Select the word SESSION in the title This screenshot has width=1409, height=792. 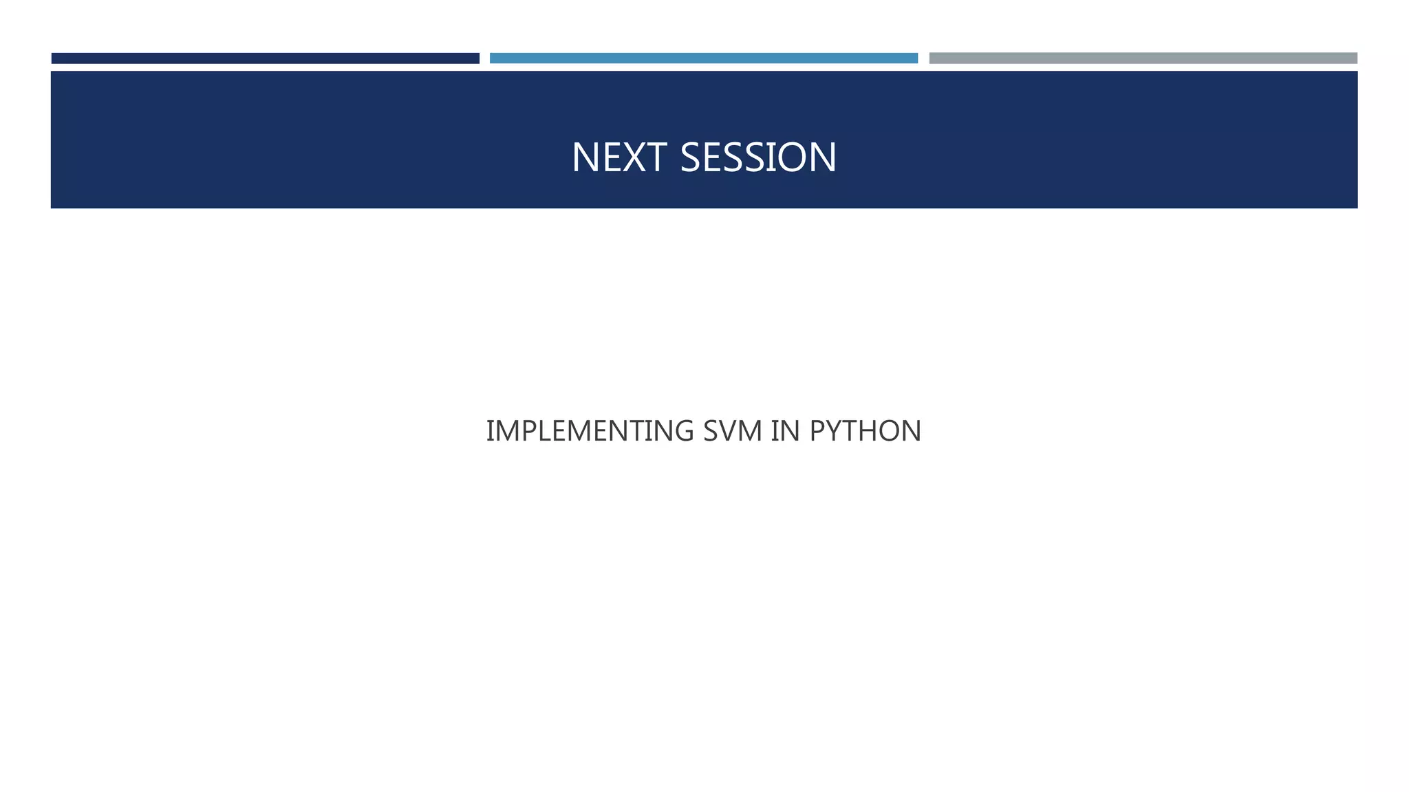click(x=758, y=157)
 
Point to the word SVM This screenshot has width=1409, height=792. click(x=733, y=431)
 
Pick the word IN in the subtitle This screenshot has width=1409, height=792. click(x=786, y=431)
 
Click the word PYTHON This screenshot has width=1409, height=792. click(x=865, y=431)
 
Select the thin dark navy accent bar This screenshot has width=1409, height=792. click(x=265, y=58)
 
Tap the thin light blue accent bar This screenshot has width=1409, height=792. click(x=703, y=58)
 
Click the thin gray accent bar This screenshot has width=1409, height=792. click(x=1143, y=58)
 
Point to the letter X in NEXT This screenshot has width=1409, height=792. click(x=634, y=157)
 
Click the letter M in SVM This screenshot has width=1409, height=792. click(x=752, y=431)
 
